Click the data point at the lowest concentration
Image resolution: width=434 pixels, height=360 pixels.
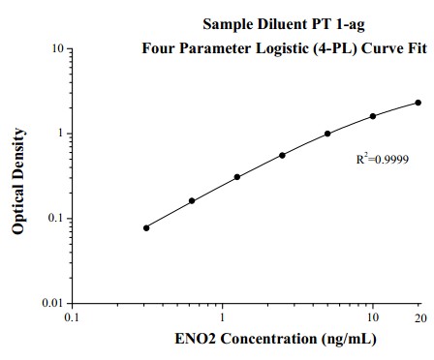[146, 227]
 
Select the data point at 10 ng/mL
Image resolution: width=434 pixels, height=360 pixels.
[373, 116]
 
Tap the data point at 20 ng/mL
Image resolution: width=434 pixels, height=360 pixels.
[418, 103]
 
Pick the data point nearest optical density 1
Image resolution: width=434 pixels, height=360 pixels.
[327, 134]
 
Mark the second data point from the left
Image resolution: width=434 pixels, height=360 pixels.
[192, 201]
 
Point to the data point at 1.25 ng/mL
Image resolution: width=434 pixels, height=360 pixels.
[237, 177]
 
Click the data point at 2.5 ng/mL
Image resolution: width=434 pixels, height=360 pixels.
[282, 155]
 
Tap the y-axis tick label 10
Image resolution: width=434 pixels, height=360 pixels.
[58, 48]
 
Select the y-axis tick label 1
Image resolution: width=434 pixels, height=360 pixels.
[61, 134]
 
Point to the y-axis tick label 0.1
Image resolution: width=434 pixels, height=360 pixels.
[56, 219]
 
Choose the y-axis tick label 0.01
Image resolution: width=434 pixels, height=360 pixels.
[53, 304]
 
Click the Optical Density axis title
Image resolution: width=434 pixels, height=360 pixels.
[18, 177]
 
